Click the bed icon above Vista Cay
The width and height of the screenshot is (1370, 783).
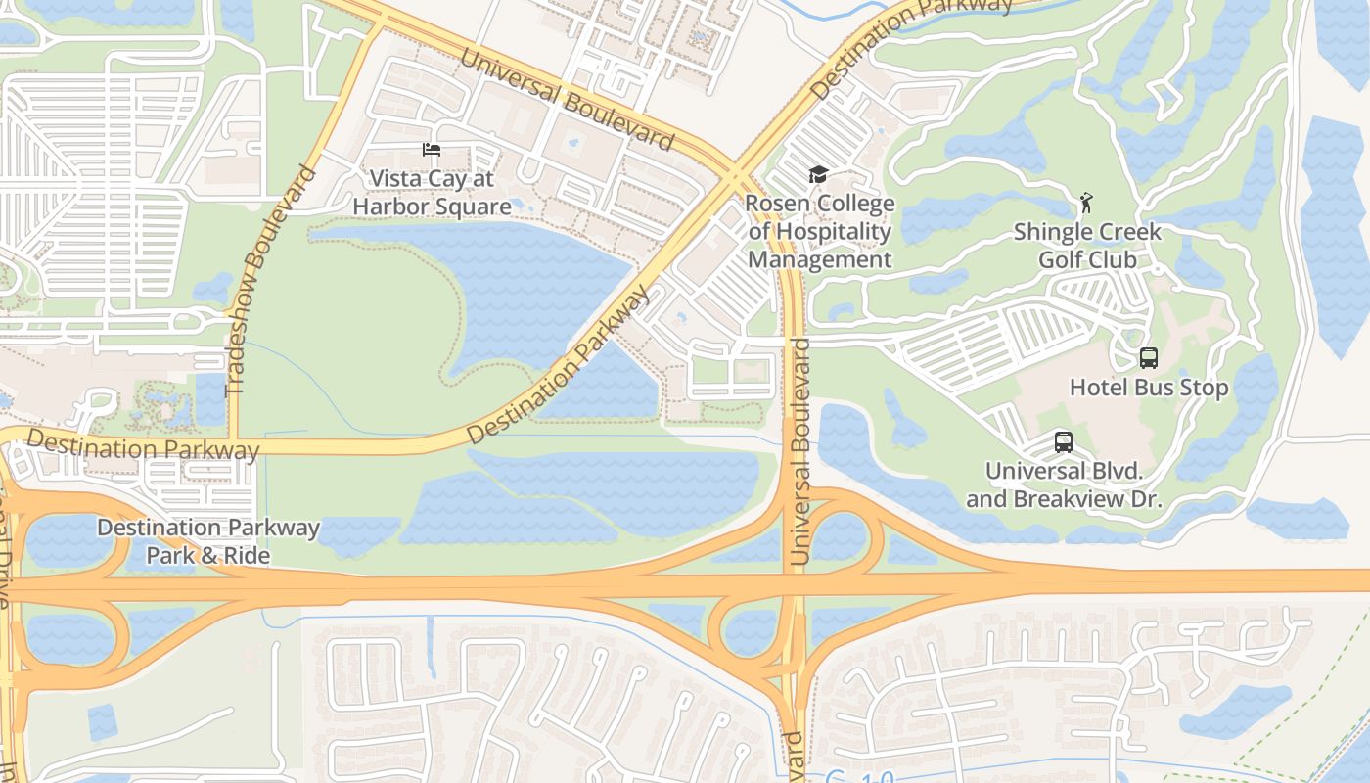click(x=432, y=150)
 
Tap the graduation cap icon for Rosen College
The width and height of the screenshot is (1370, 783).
click(x=818, y=174)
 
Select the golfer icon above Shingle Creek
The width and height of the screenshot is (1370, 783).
click(x=1085, y=203)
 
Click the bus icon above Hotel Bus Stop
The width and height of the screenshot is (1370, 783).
click(x=1149, y=358)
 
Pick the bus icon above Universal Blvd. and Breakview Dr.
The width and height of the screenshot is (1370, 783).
click(x=1064, y=441)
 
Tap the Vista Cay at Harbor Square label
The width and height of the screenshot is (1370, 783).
click(x=432, y=193)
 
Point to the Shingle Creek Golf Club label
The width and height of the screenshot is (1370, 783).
click(x=1087, y=246)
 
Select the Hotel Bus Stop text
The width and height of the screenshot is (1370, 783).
click(x=1148, y=388)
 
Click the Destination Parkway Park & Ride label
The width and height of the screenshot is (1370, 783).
click(x=208, y=541)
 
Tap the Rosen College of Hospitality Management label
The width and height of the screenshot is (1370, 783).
click(x=820, y=232)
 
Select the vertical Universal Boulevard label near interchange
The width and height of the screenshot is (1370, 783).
click(x=800, y=452)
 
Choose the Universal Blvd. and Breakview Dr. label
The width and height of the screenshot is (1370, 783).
click(x=1064, y=484)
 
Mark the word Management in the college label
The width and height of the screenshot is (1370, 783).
click(x=820, y=259)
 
